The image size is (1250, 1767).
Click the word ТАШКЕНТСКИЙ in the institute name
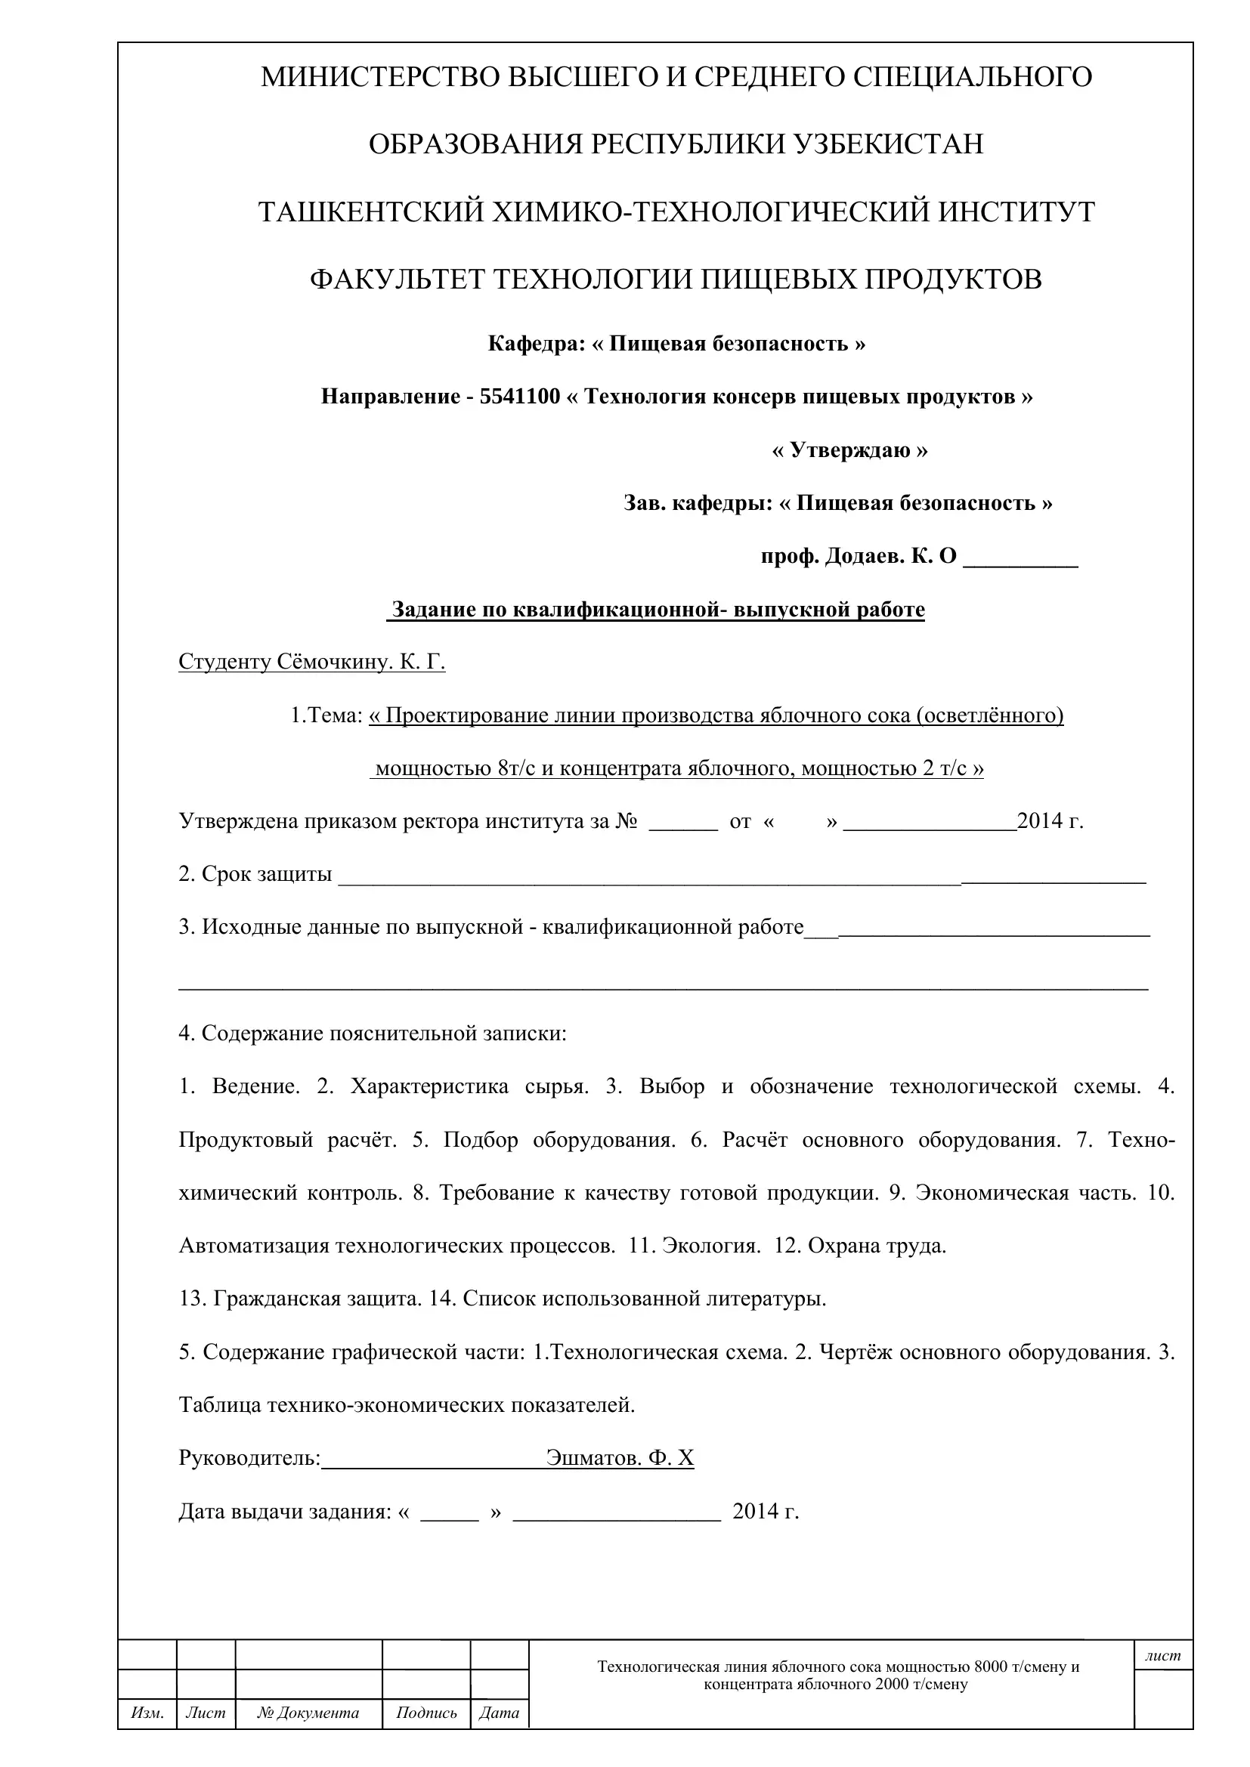point(370,212)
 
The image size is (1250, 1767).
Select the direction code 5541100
point(519,397)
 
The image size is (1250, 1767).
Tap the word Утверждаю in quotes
point(849,450)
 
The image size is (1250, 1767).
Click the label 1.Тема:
point(326,715)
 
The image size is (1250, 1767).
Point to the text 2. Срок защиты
point(255,874)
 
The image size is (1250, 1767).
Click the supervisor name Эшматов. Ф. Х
point(620,1458)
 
